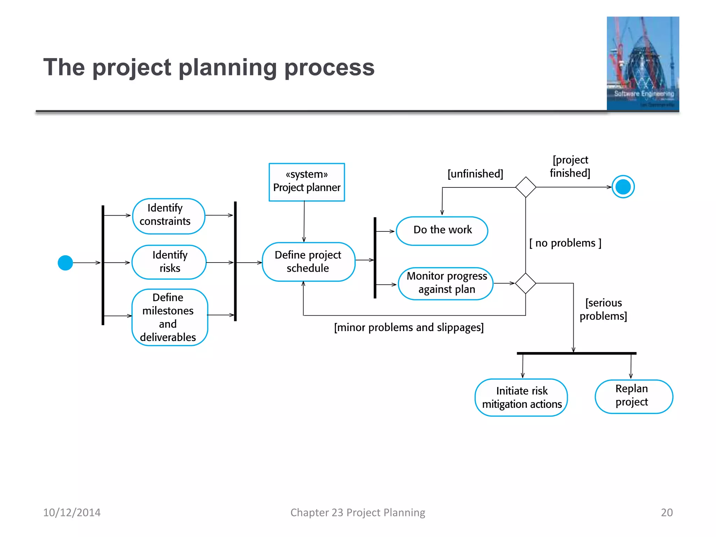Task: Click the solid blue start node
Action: click(x=65, y=263)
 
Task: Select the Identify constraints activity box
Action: click(x=169, y=216)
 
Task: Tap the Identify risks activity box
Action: click(x=169, y=262)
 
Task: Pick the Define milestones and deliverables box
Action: click(x=170, y=317)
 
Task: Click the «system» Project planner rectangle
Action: click(x=307, y=182)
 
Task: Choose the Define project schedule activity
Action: click(x=308, y=262)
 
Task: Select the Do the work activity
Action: click(x=442, y=231)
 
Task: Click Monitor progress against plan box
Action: click(x=446, y=283)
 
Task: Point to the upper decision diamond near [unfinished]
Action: click(x=525, y=187)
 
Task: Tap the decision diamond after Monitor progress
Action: click(x=525, y=283)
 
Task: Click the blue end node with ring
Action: click(x=623, y=187)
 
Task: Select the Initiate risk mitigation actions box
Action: click(x=521, y=398)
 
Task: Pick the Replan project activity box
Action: click(x=633, y=396)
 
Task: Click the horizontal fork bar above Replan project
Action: click(x=577, y=353)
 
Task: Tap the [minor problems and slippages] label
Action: click(x=409, y=328)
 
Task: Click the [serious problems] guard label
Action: click(x=603, y=309)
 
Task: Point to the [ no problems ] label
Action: click(x=565, y=243)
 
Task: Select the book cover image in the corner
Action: click(x=643, y=64)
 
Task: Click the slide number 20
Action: click(x=666, y=513)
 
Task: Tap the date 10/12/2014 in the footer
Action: click(x=72, y=513)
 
